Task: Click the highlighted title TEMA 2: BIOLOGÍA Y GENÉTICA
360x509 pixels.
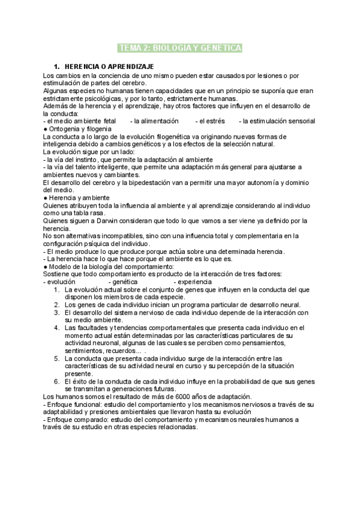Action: click(x=180, y=48)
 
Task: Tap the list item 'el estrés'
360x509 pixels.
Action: click(x=212, y=121)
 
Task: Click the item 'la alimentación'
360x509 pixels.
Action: click(x=155, y=121)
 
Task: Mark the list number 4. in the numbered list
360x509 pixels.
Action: click(x=57, y=328)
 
